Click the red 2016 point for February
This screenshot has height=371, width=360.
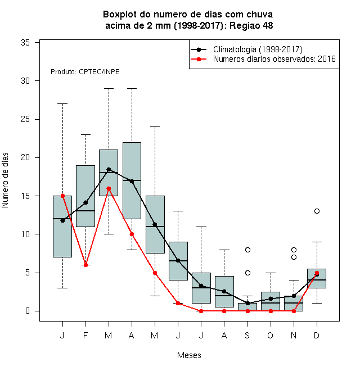85,265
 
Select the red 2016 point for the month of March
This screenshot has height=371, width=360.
109,188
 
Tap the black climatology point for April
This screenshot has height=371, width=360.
132,181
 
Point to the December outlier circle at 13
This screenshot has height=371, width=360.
317,211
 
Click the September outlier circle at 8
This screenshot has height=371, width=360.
247,250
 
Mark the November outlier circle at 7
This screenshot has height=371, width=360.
294,257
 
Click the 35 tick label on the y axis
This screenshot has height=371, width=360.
25,43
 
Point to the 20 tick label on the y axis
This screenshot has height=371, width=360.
25,157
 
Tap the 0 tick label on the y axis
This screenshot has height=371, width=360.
28,311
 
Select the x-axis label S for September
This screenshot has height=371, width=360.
247,336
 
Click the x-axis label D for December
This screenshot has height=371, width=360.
317,336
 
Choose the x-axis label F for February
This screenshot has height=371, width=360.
85,336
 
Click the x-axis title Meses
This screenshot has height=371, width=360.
189,355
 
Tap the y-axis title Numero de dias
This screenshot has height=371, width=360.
5,180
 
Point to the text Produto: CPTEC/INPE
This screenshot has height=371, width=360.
85,72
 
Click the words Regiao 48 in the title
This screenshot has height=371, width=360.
251,25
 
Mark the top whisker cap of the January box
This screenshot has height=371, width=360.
63,103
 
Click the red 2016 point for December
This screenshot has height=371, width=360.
317,273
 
